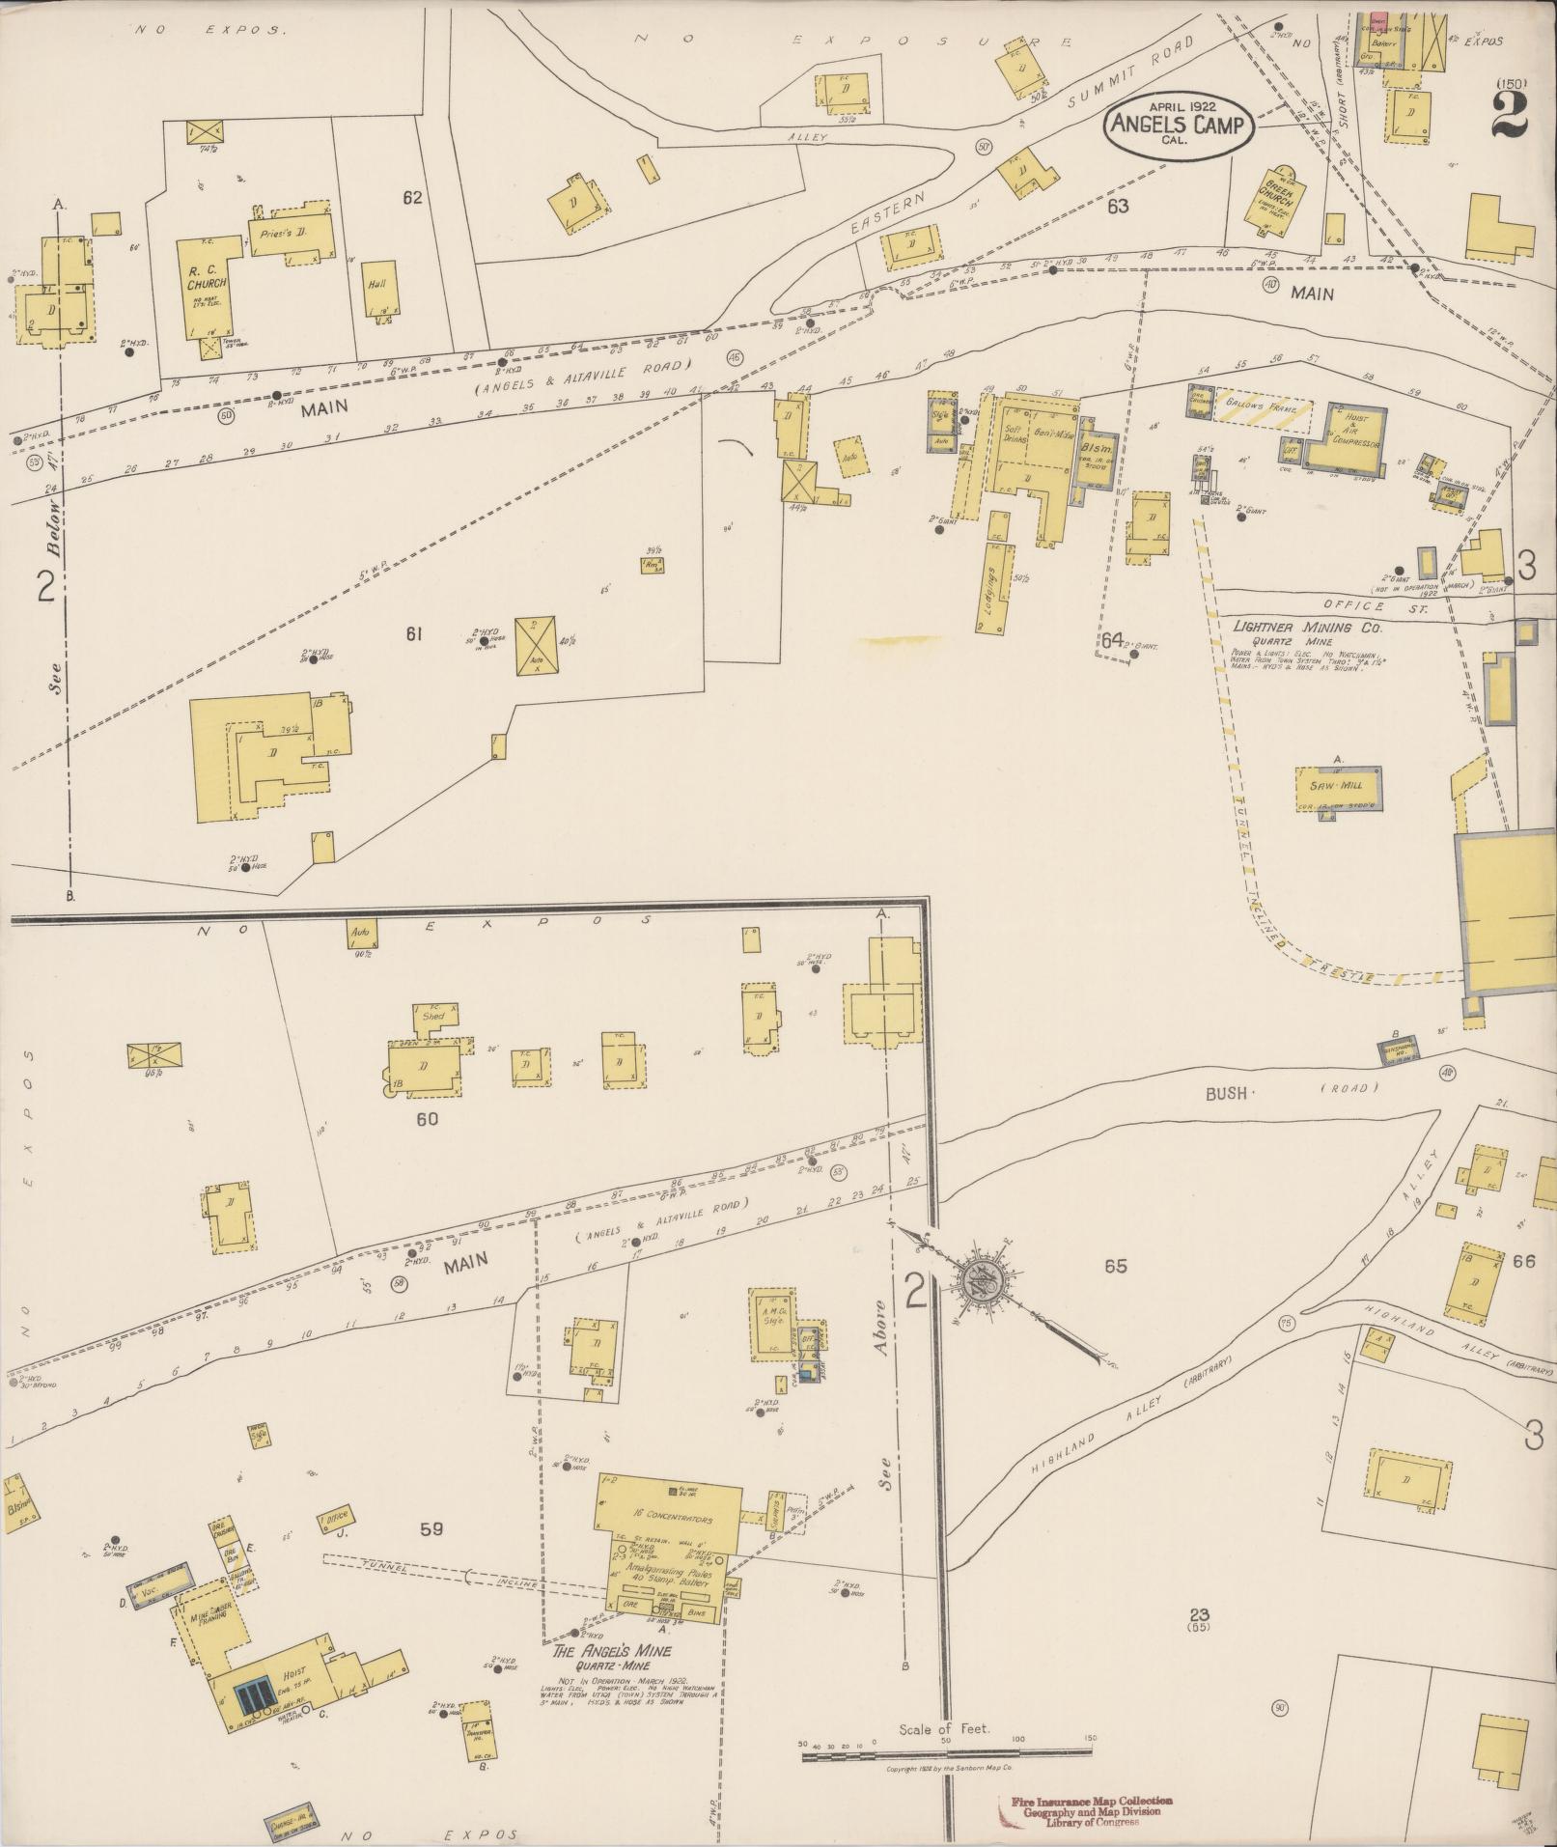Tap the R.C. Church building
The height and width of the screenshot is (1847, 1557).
209,285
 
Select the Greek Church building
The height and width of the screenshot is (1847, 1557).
1281,200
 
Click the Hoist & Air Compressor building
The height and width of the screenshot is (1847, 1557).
1346,436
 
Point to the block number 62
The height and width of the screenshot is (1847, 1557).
413,198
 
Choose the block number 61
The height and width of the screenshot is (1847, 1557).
414,633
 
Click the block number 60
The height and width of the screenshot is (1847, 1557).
427,1119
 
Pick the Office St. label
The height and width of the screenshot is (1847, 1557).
1353,606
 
